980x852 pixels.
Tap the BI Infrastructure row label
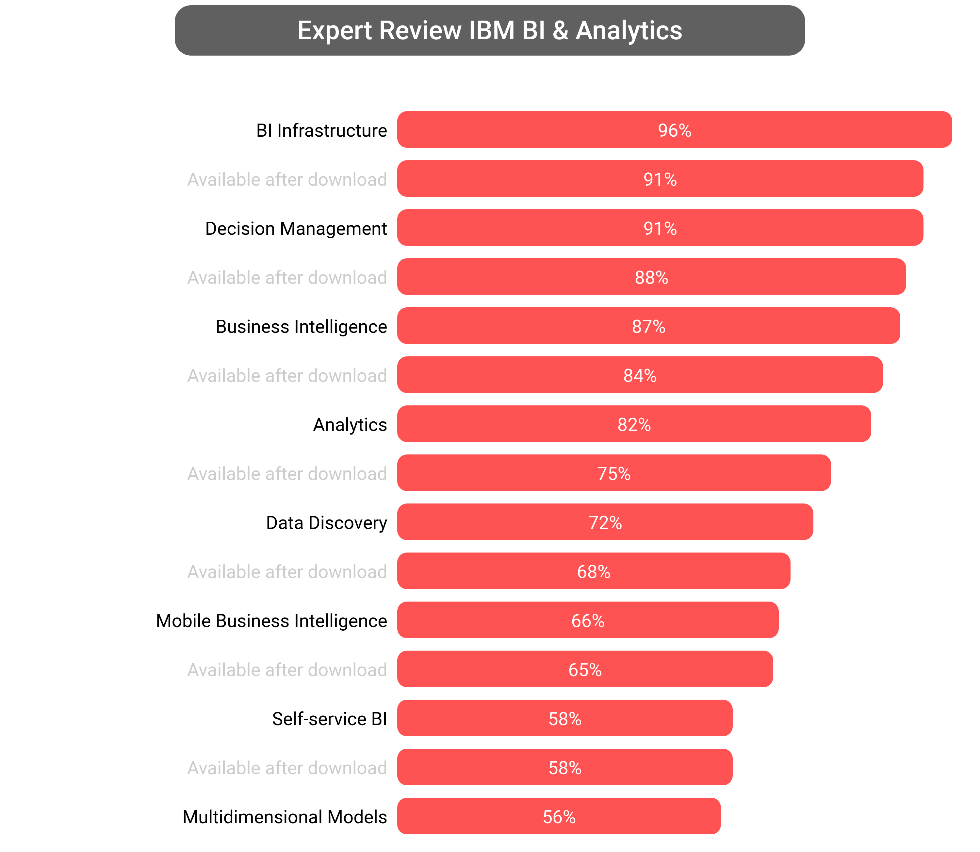pyautogui.click(x=321, y=130)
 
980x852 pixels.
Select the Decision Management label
pyautogui.click(x=296, y=229)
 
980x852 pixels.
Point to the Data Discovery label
pyautogui.click(x=326, y=523)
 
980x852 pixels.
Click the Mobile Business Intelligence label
pyautogui.click(x=271, y=621)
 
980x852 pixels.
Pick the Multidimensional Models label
pyautogui.click(x=284, y=817)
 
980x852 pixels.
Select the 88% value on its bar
pyautogui.click(x=651, y=278)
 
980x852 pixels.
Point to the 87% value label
pyautogui.click(x=648, y=327)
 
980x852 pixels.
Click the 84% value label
pyautogui.click(x=640, y=376)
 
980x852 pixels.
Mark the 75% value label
pyautogui.click(x=614, y=473)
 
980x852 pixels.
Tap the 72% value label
pyautogui.click(x=605, y=523)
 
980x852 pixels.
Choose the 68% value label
pyautogui.click(x=593, y=572)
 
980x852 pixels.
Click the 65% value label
pyautogui.click(x=585, y=670)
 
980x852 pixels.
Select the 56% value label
pyautogui.click(x=559, y=817)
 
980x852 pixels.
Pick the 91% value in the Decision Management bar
pyautogui.click(x=660, y=229)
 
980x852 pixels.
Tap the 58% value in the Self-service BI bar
pyautogui.click(x=565, y=719)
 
